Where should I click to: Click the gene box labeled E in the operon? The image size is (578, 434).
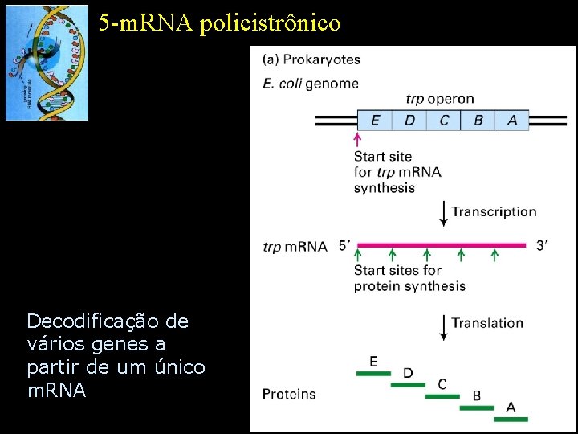(375, 121)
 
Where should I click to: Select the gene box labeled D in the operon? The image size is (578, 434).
(409, 121)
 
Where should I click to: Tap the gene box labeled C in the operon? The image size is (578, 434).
(444, 121)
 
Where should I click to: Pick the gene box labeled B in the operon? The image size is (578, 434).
(478, 121)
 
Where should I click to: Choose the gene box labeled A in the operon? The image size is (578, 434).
(512, 121)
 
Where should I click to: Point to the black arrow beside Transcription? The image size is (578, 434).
(443, 212)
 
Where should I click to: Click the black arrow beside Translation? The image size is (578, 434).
(443, 324)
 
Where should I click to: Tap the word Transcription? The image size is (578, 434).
(494, 212)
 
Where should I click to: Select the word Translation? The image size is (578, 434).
(487, 323)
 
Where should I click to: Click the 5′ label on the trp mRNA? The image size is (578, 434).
(345, 245)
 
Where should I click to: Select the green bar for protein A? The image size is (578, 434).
(511, 419)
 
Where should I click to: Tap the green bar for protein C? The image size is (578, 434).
(442, 396)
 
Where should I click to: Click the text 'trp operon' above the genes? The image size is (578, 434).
(439, 100)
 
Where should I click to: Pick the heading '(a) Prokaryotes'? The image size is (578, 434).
(311, 59)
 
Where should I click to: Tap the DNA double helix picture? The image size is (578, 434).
(47, 62)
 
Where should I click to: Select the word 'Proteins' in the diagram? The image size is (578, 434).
(289, 394)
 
